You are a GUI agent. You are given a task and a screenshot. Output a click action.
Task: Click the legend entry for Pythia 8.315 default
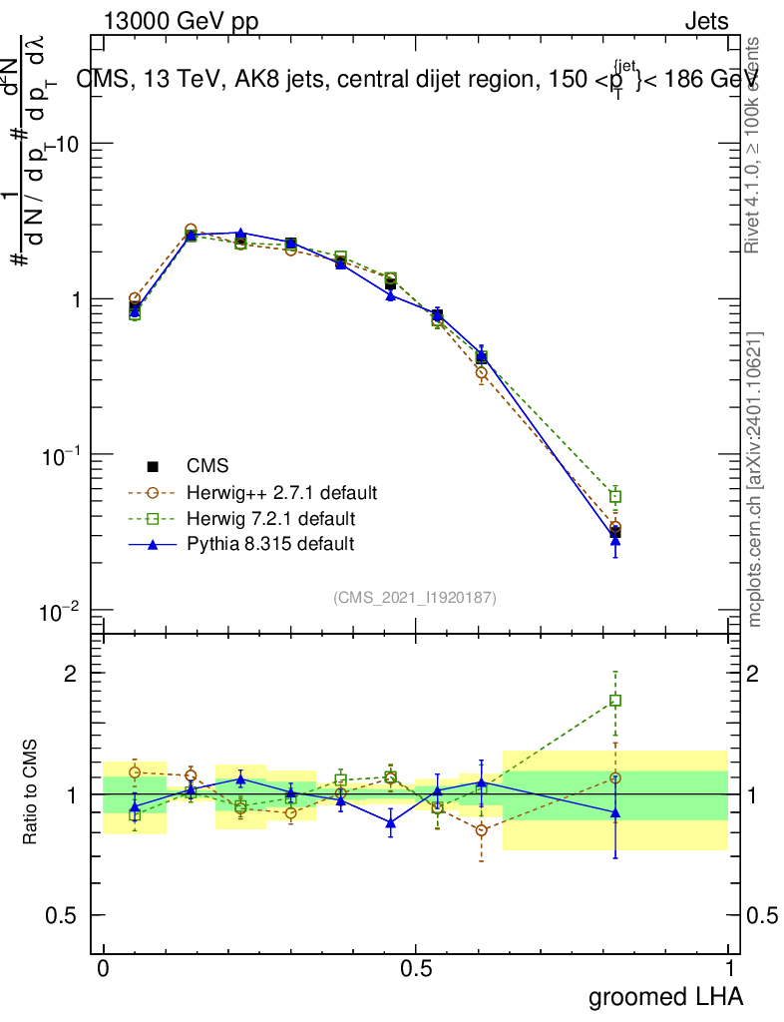click(x=269, y=544)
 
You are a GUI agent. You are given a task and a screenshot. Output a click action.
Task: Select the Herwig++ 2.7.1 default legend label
click(x=281, y=492)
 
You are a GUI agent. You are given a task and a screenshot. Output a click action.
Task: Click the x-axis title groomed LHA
click(x=666, y=996)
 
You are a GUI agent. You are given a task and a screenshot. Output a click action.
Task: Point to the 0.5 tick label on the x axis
click(x=416, y=969)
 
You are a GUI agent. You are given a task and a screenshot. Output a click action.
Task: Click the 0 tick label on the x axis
click(x=103, y=969)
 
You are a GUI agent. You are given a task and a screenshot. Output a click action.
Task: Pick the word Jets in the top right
click(x=706, y=21)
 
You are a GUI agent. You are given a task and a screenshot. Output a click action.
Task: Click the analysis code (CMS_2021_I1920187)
click(x=415, y=597)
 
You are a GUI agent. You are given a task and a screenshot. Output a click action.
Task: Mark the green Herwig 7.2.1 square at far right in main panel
click(x=615, y=496)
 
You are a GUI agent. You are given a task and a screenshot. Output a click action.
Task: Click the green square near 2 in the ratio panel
click(x=615, y=701)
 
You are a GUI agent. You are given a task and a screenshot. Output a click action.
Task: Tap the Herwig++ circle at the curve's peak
click(x=191, y=231)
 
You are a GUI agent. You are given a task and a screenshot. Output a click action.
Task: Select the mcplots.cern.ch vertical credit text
click(x=755, y=479)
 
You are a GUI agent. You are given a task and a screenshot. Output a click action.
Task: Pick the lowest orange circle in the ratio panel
click(x=482, y=830)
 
